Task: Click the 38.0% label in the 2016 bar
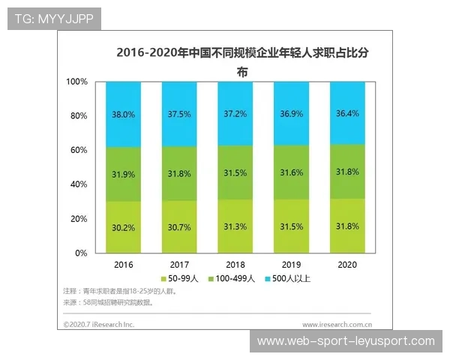[124, 115]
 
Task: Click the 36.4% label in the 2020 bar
[348, 114]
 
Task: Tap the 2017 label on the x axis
[180, 264]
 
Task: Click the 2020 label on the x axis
[348, 264]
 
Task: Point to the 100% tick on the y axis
[76, 81]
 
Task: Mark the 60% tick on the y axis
[79, 150]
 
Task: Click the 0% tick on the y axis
[82, 253]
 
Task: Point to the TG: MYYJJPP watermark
[53, 19]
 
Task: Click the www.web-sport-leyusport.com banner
[346, 341]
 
